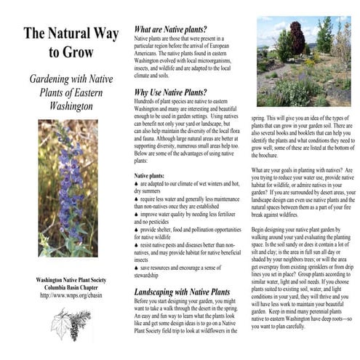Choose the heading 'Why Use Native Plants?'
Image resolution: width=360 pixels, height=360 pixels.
(170, 92)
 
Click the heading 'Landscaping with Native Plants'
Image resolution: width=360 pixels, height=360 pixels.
(182, 292)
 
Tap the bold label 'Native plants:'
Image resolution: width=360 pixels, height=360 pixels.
(150, 175)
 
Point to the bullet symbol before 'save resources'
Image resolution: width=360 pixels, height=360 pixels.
(137, 268)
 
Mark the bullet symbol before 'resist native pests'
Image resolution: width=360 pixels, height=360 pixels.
(137, 247)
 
